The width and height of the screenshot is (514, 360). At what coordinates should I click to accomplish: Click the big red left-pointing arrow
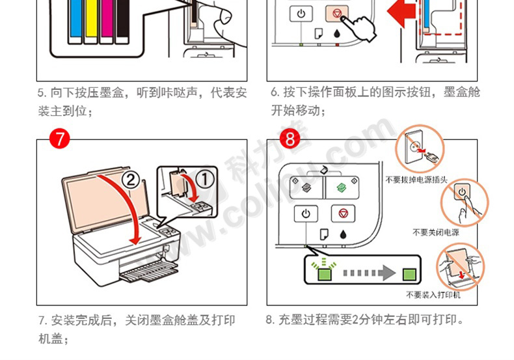coord(401,12)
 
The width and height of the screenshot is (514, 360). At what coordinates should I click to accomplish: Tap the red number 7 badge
coord(60,139)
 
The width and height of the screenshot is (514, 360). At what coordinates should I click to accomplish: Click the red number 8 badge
coord(290,139)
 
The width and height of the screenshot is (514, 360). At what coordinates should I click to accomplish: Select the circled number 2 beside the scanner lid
coord(131,180)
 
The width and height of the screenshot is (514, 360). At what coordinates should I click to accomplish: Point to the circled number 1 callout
coord(205,180)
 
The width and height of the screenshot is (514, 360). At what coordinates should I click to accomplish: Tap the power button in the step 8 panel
coord(306,214)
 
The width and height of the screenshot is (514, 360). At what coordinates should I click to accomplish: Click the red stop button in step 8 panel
coord(343,214)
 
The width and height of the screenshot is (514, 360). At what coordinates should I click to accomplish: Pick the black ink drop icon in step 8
coord(344,235)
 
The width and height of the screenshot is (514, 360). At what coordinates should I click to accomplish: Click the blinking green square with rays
coord(324,271)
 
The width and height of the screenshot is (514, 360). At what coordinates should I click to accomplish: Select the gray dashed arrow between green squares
coord(370,273)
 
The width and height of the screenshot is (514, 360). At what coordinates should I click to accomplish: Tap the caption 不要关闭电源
coord(436,232)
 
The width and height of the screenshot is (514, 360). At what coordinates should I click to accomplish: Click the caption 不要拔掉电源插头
coord(416,180)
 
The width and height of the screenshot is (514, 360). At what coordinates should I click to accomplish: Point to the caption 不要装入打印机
coord(433,295)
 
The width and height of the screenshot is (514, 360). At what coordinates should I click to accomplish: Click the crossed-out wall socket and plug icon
coord(420,149)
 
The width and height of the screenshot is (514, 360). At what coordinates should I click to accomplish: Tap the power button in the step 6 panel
coord(301,14)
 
